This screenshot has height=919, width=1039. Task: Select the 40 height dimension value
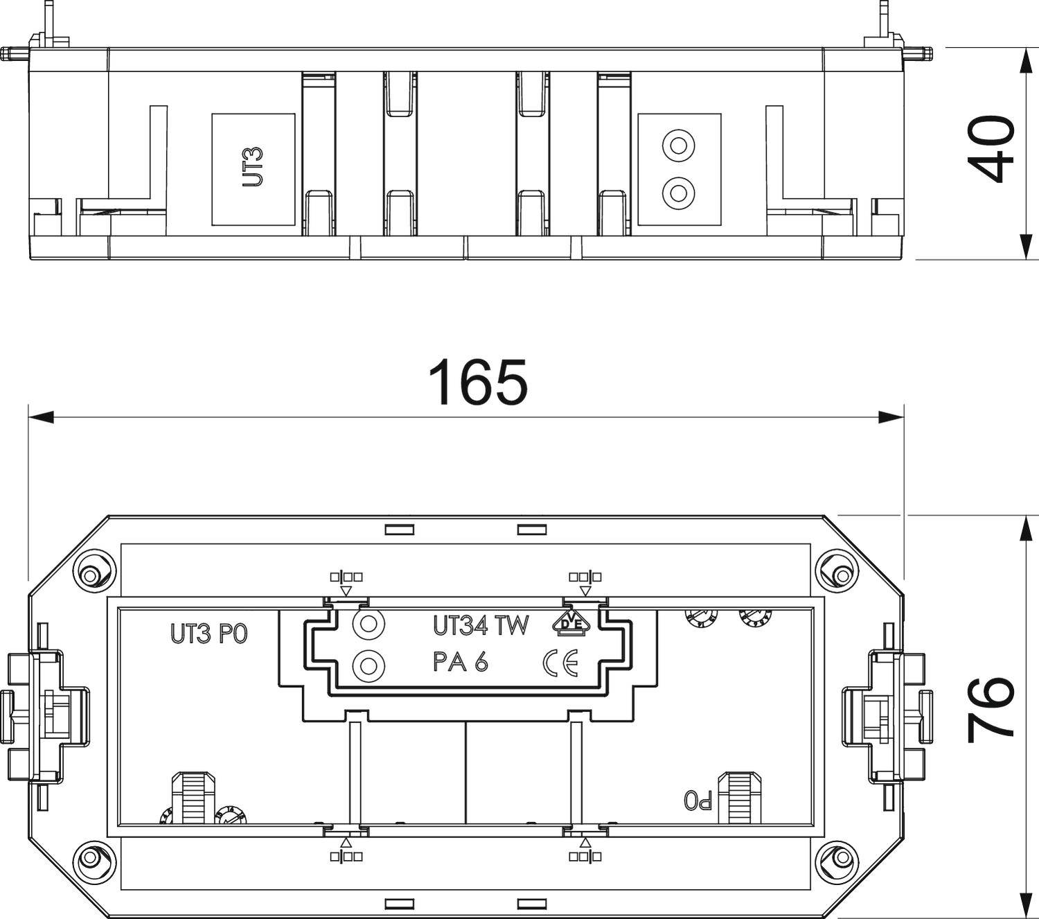click(991, 150)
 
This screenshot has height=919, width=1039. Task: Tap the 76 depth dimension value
click(991, 708)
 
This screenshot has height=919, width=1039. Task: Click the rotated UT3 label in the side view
click(253, 168)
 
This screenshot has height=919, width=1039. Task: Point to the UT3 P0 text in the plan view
click(208, 634)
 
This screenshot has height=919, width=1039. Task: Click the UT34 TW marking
click(481, 626)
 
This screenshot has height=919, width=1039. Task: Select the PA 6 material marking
click(461, 663)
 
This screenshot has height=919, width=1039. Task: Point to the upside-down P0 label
click(697, 801)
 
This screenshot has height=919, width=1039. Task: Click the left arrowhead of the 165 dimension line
click(40, 417)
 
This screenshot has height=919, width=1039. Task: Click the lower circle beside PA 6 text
click(368, 666)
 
